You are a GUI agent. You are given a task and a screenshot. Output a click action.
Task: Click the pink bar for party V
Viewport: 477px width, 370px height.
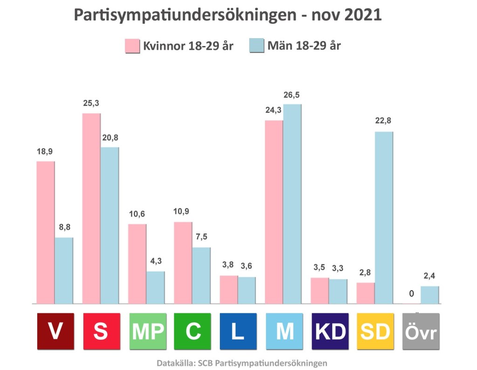45,232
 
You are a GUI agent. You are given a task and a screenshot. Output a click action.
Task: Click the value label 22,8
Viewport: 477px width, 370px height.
384,121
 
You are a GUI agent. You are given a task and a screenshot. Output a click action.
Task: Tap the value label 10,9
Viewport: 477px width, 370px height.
183,211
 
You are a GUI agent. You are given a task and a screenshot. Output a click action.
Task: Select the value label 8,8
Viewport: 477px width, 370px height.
63,227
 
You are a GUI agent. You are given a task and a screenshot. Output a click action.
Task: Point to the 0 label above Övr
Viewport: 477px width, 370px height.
411,294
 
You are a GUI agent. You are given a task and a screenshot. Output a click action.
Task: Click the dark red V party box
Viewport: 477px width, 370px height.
55,331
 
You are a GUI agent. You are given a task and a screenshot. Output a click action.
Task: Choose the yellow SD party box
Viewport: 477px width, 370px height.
375,331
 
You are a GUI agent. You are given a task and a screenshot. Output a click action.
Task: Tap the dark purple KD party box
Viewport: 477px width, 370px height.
330,331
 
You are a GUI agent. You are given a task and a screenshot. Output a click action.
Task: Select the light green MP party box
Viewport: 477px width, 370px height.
147,331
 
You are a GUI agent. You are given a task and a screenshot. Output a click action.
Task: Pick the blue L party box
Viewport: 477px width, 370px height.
238,331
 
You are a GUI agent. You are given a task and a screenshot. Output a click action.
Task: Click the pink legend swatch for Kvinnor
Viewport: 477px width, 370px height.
132,46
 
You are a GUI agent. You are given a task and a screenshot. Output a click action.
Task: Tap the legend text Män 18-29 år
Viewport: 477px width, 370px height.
304,46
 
